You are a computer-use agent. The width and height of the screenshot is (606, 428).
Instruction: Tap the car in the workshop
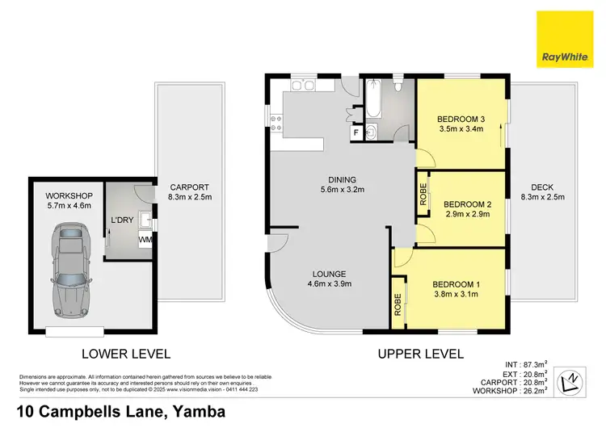[70, 271]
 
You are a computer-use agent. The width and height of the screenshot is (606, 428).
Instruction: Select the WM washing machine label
[145, 240]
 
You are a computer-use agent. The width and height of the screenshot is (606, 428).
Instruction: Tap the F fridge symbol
[355, 132]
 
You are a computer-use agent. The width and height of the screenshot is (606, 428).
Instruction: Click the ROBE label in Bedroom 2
[423, 196]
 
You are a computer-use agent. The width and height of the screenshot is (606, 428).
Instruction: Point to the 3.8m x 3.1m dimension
[457, 295]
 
